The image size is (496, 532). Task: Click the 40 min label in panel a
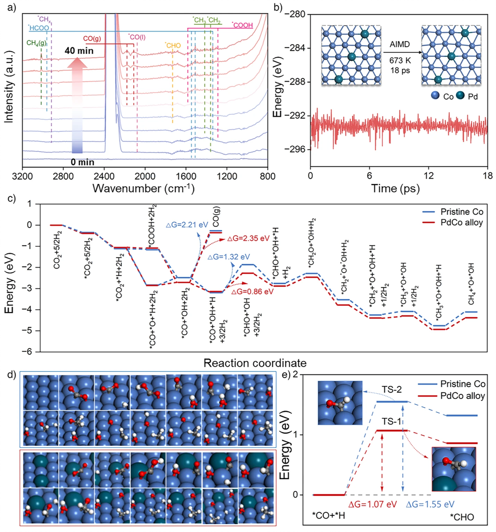79,51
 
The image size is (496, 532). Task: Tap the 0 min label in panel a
82,162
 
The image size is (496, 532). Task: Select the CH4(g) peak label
37,43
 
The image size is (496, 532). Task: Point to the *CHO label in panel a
173,45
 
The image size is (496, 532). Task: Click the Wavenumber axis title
143,188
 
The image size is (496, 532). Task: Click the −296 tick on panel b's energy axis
295,149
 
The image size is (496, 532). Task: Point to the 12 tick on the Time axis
429,176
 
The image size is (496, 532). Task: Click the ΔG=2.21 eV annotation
187,225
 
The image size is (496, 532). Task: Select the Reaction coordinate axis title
255,363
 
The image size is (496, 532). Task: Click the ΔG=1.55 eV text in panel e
430,505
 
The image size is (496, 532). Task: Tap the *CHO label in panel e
462,517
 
